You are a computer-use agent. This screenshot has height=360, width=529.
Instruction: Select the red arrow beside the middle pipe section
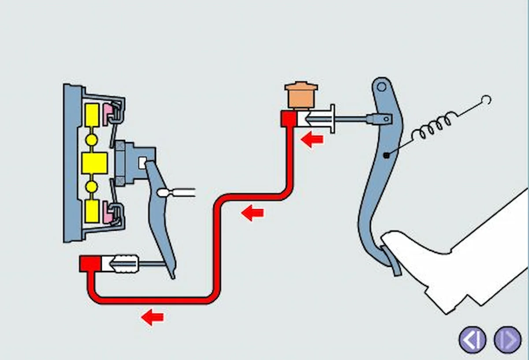[253, 213]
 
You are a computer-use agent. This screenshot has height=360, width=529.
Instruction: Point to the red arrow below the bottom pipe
[153, 317]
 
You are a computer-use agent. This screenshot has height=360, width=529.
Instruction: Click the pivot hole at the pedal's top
[381, 86]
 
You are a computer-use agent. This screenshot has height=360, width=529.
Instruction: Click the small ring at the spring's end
[486, 100]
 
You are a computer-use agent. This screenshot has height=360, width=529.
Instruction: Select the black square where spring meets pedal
[386, 155]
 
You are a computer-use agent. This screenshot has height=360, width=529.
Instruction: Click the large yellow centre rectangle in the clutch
[94, 163]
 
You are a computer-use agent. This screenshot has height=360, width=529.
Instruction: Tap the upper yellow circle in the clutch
[91, 140]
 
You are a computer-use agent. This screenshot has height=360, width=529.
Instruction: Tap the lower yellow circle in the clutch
[91, 187]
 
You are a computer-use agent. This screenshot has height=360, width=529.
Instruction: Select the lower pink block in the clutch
[108, 214]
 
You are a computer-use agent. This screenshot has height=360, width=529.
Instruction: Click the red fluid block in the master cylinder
[289, 119]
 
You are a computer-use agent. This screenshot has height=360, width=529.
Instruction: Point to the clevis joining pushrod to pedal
[379, 118]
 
